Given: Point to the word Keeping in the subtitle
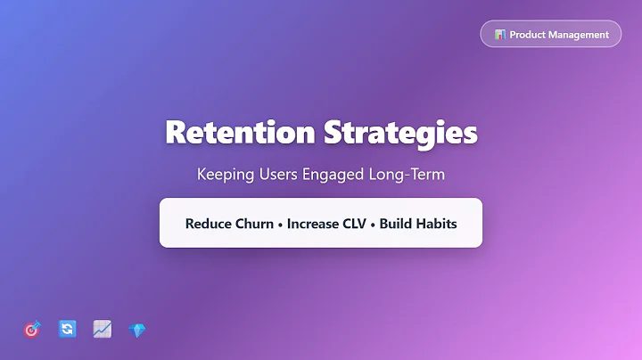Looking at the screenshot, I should [225, 175].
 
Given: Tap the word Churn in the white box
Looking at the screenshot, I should [253, 224].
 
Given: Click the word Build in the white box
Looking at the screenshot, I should [396, 224].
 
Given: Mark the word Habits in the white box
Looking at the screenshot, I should [436, 224].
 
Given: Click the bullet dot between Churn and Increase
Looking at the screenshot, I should [281, 224].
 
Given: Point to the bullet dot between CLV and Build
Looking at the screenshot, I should [374, 224].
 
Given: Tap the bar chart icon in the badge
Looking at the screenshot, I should [500, 35].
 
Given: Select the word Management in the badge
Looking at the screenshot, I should [580, 35].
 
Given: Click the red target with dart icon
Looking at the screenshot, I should [32, 330].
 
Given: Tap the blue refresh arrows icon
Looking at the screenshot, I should [67, 330].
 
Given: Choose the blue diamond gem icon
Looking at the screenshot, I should [136, 330].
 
